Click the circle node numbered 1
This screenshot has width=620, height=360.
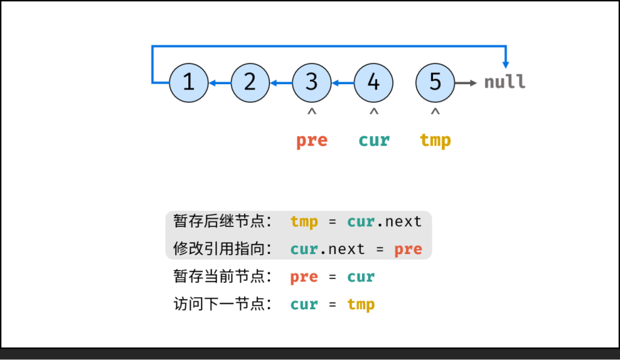point(188,83)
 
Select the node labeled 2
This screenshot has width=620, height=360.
point(250,83)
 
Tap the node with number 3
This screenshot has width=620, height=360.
point(312,83)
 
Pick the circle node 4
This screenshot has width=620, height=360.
point(374,83)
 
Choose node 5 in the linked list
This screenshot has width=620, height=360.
point(435,83)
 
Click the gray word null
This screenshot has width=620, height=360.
point(504,82)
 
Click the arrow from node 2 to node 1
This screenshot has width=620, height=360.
point(219,83)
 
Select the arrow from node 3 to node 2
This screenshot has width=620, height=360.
point(281,83)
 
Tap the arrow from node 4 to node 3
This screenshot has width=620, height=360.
point(343,83)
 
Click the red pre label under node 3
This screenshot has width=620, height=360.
point(312,140)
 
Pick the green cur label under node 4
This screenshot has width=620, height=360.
point(374,140)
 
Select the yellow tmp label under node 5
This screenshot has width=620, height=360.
point(435,140)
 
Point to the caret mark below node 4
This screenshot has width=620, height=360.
point(374,113)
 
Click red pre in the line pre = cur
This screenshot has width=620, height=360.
point(304,277)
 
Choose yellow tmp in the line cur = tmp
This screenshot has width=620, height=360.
point(361,304)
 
